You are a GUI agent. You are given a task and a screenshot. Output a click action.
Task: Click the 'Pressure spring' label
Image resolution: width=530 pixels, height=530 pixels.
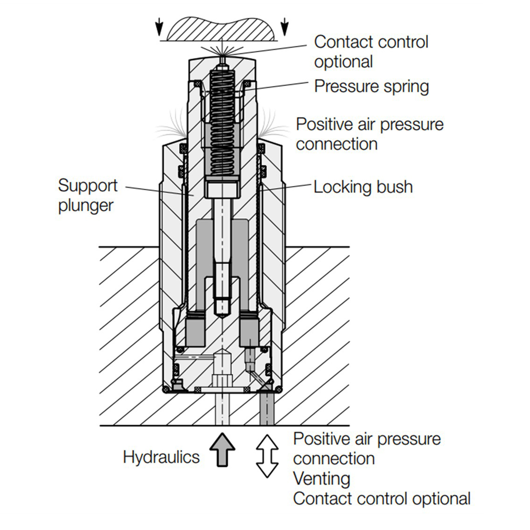[x=371, y=87]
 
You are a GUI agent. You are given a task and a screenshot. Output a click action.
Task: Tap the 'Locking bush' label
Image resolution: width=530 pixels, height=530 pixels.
[x=363, y=187]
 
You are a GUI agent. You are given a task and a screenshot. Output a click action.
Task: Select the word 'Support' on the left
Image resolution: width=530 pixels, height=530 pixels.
[x=88, y=186]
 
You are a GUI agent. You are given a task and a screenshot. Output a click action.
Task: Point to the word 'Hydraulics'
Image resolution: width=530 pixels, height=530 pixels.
[x=161, y=458]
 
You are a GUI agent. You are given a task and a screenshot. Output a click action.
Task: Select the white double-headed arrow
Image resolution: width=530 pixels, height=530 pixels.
[x=267, y=456]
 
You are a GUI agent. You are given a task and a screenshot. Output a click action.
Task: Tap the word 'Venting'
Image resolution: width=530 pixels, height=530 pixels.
[x=322, y=479]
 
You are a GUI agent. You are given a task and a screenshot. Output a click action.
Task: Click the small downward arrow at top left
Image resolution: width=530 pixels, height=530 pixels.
[x=159, y=27]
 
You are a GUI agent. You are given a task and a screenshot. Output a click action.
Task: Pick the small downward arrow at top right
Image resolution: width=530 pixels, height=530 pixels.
[x=284, y=27]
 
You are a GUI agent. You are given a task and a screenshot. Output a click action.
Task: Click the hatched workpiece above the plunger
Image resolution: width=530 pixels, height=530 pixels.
[x=221, y=28]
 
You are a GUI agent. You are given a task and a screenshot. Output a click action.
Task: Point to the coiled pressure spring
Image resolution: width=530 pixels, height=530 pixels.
[x=222, y=123]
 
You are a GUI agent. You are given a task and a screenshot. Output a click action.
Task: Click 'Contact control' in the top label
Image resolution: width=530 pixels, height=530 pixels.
[x=371, y=42]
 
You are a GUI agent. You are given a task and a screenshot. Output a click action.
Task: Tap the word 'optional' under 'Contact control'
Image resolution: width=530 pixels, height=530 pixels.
[x=344, y=62]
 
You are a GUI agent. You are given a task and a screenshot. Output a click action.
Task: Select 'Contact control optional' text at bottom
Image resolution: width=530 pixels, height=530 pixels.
[x=382, y=499]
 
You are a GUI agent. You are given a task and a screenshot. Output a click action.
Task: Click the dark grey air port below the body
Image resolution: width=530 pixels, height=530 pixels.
[x=267, y=408]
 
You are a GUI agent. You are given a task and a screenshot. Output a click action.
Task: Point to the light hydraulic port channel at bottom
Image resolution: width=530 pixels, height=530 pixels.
[x=222, y=408]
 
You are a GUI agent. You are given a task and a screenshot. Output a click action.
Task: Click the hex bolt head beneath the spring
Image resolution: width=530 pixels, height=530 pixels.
[x=222, y=187]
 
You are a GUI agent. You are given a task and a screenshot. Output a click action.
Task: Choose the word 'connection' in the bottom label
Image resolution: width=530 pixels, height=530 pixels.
[x=334, y=459]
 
